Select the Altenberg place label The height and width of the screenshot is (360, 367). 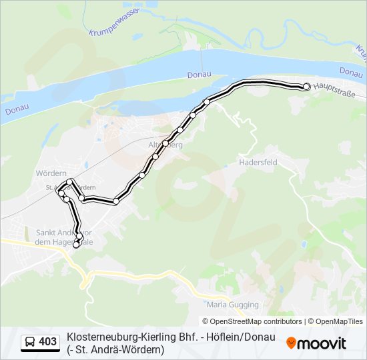[165, 144]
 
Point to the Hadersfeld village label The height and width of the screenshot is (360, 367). [258, 162]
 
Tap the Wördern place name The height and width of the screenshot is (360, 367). [51, 173]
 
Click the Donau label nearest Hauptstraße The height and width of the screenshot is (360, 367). [351, 71]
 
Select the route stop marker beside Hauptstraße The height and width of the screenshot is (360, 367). [307, 86]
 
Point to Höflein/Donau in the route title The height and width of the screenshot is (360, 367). [240, 337]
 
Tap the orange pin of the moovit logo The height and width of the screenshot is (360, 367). [291, 343]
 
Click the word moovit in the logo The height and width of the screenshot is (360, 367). [322, 343]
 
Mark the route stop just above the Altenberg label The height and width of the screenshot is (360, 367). [165, 143]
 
